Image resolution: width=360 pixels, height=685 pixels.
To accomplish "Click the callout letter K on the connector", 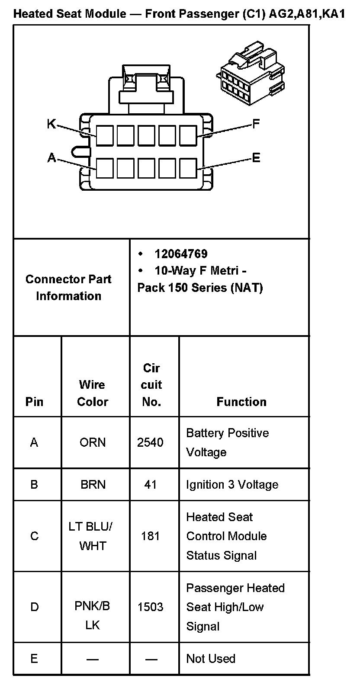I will point(51,124).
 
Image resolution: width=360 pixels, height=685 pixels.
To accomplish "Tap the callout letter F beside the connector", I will point(256,125).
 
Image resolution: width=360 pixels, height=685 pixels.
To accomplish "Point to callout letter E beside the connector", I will point(256,158).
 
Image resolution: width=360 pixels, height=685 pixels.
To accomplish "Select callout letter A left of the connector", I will point(51,159).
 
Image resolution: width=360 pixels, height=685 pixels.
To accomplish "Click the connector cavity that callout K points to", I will point(105,135).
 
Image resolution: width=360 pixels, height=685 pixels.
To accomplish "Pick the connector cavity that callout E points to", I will point(188,169).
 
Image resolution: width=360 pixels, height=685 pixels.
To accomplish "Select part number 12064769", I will point(181,254).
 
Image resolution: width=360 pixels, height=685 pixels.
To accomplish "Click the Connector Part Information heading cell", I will point(68,288).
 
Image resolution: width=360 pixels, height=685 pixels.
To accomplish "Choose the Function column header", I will point(241,402).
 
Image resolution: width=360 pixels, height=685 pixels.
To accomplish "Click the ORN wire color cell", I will point(92,442).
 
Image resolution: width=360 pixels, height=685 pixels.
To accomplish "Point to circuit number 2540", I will point(150,442).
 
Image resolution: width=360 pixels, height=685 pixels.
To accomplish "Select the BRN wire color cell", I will point(93,484).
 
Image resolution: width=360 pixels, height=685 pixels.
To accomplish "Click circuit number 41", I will point(150,484).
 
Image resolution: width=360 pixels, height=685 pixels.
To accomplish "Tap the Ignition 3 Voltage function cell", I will point(232,484).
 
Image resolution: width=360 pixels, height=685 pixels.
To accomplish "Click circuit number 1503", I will point(150,607).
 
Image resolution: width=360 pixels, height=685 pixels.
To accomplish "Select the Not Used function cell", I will point(211,659).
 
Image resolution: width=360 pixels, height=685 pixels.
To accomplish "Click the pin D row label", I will point(34,607).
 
